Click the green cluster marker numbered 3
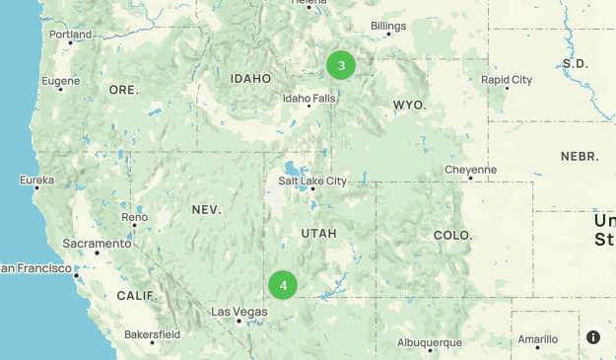click(341, 66)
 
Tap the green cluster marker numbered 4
click(283, 286)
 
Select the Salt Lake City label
click(312, 180)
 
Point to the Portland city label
click(70, 35)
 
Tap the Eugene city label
click(61, 80)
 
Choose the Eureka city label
click(37, 180)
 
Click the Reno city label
click(134, 216)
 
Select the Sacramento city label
click(96, 243)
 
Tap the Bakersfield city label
click(152, 334)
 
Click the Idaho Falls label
click(309, 99)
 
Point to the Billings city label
click(388, 26)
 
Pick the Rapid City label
click(507, 80)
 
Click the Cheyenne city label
click(470, 170)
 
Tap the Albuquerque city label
click(430, 342)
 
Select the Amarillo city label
click(537, 338)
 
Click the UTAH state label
click(318, 234)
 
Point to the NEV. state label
click(207, 210)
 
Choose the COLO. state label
click(452, 236)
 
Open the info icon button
click(593, 337)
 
